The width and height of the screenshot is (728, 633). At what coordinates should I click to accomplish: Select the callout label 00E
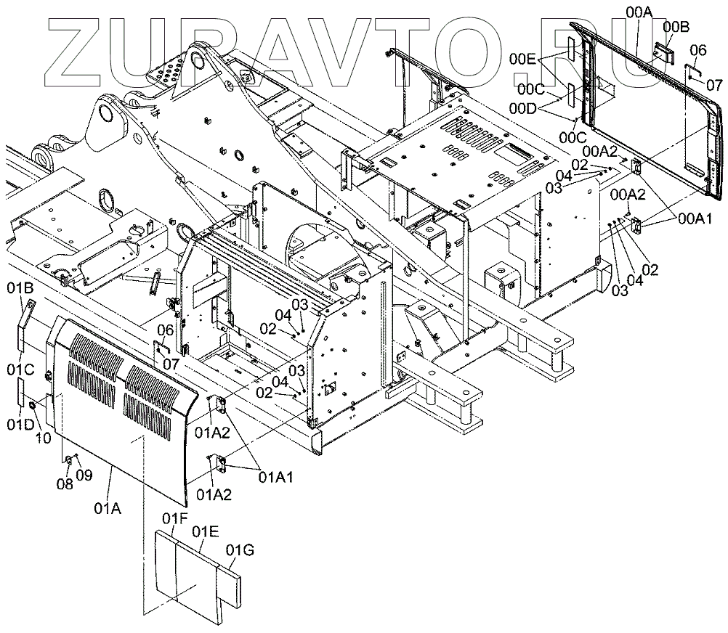[522, 58]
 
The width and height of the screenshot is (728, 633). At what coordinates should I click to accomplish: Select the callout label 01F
[174, 518]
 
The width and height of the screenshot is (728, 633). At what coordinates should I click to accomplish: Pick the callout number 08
[64, 484]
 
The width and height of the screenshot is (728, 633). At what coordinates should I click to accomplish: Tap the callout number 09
[84, 475]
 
